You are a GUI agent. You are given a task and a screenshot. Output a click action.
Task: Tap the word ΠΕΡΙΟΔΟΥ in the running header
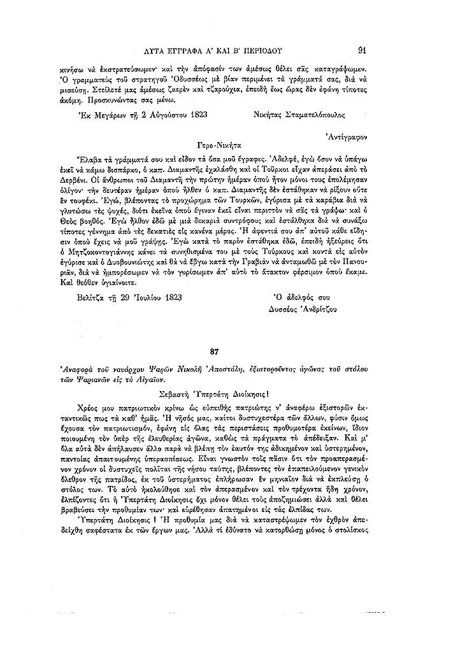click(266, 50)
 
